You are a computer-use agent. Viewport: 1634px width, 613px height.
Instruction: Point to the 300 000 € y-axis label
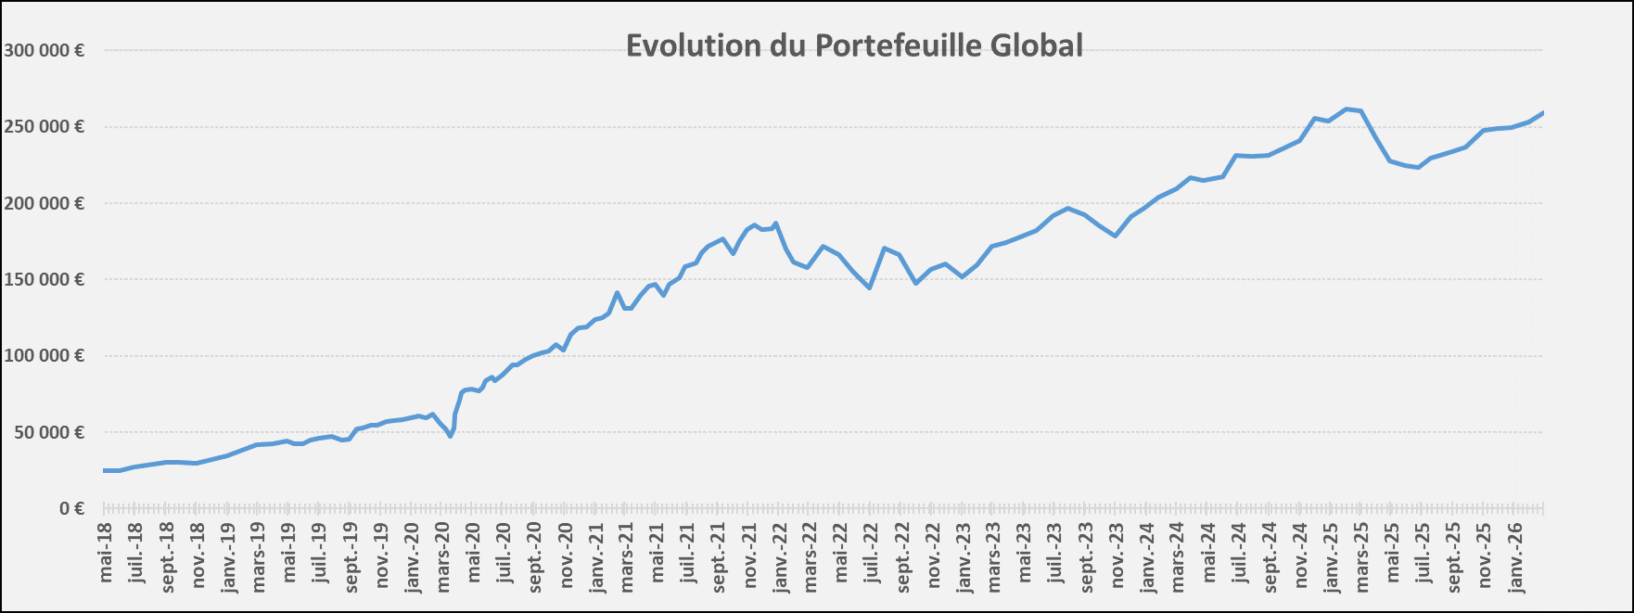pos(44,50)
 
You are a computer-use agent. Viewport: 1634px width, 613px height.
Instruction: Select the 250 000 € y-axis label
pos(44,126)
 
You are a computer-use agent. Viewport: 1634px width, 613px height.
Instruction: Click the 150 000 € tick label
pos(44,279)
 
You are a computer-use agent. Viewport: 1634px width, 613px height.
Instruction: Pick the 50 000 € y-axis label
pos(47,432)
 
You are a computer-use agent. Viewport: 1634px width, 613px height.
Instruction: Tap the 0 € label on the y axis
pos(71,508)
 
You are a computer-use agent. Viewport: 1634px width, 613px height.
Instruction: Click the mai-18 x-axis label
pos(105,553)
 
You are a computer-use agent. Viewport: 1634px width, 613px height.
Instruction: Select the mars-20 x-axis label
pos(442,556)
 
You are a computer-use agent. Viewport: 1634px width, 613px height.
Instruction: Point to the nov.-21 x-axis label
pos(749,556)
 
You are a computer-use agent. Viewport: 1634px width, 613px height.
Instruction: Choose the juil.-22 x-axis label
pos(872,555)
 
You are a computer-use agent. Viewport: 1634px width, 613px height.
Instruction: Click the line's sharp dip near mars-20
pos(451,436)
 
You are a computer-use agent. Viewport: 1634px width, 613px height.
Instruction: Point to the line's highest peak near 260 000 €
pos(1347,109)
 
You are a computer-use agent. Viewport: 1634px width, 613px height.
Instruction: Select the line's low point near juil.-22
pos(870,287)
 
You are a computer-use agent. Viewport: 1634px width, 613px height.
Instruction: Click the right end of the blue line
pos(1543,112)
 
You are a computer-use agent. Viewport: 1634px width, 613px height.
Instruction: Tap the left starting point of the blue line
pos(105,470)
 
